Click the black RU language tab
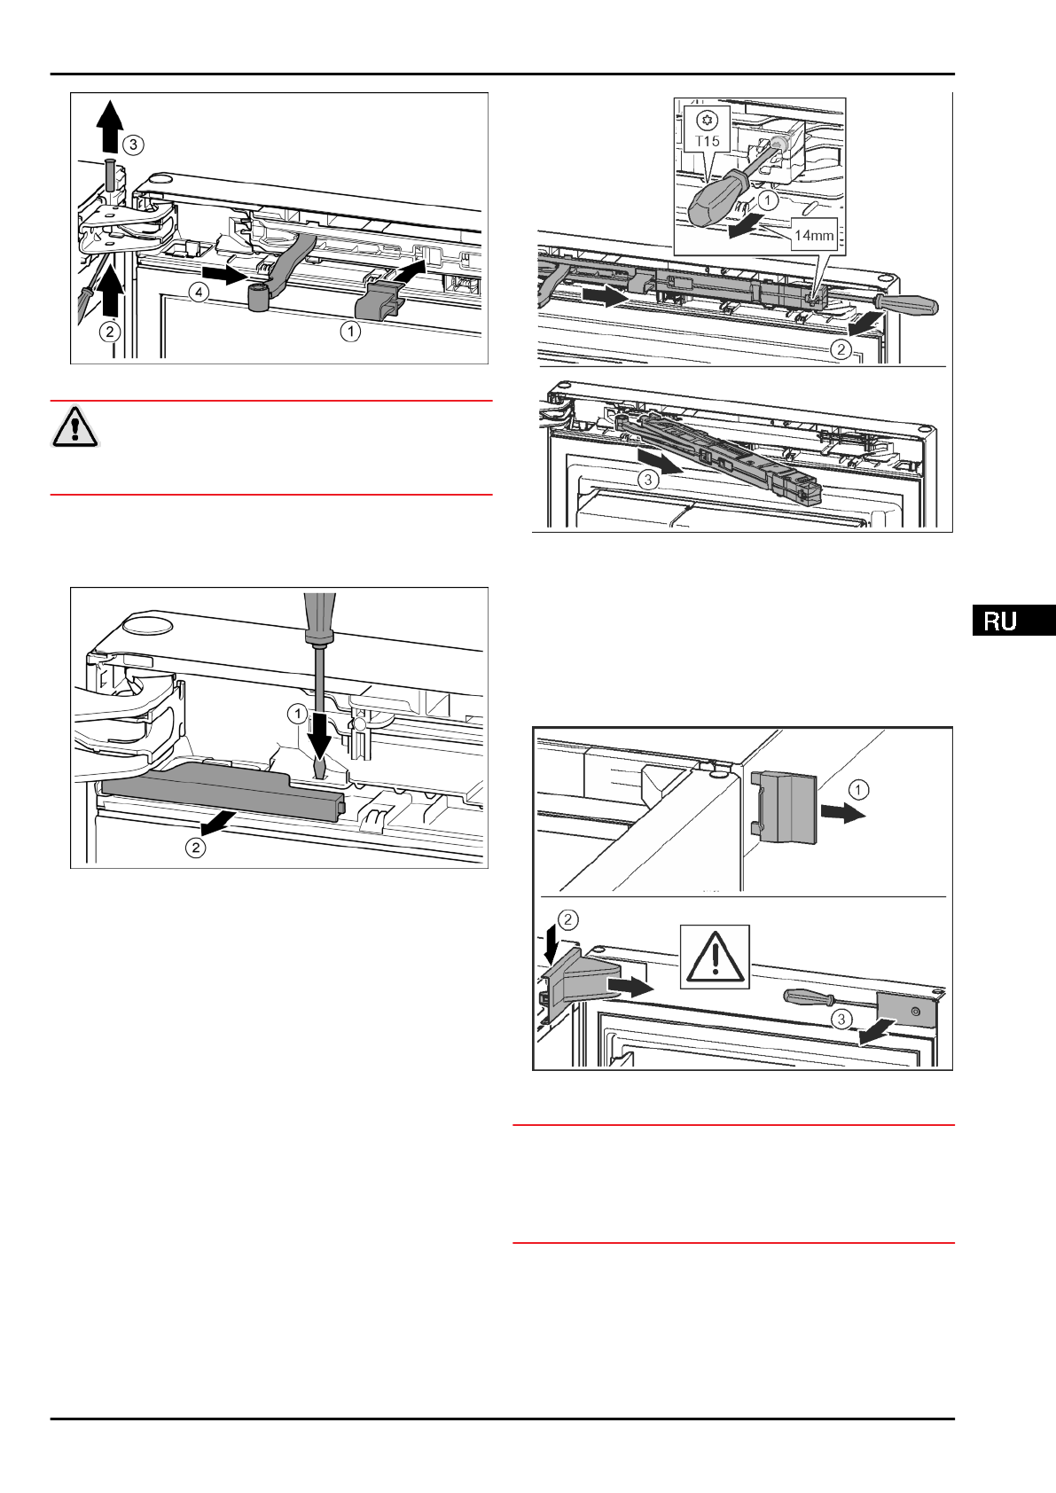[1013, 621]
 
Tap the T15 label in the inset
[708, 141]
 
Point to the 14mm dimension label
[813, 236]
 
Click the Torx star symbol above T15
[707, 120]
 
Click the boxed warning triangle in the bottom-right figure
[715, 957]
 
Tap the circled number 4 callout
[199, 292]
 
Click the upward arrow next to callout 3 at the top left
[109, 126]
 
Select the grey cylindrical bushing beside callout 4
[258, 299]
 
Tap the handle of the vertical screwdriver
[317, 615]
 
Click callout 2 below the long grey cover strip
[195, 848]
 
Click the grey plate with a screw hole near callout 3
[907, 1009]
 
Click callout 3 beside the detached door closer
[648, 480]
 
